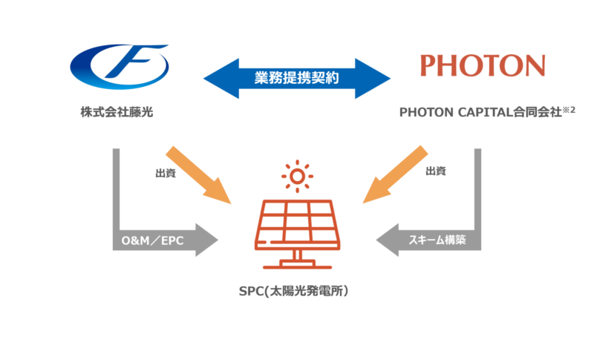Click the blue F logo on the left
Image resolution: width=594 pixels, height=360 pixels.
(x=119, y=65)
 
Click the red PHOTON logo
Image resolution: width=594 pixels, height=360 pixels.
(x=481, y=65)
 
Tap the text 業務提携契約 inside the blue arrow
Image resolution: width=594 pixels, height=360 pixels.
(x=297, y=76)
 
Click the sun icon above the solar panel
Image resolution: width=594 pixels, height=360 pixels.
(x=297, y=176)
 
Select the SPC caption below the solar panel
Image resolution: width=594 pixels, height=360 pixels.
(x=297, y=292)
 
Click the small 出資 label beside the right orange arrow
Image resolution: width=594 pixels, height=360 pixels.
(x=436, y=172)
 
